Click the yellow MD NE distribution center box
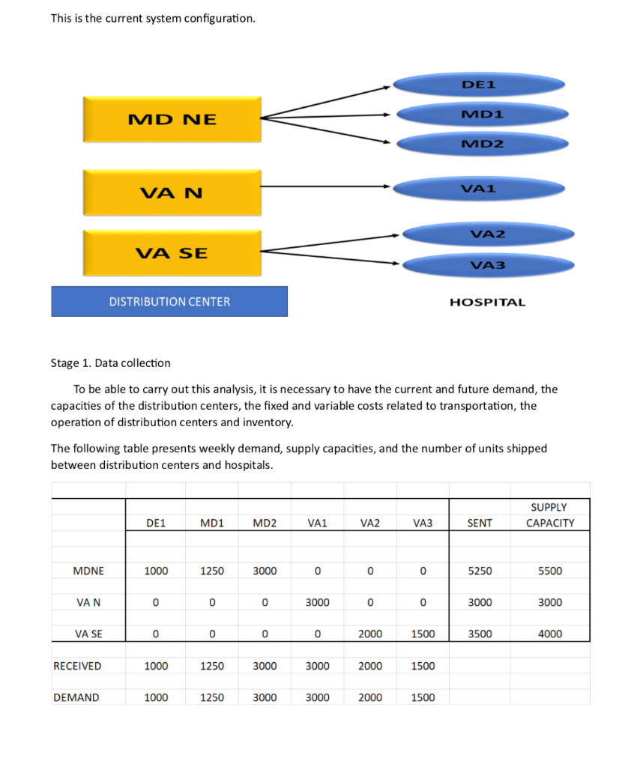point(172,119)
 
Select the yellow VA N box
point(172,193)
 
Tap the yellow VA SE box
point(172,253)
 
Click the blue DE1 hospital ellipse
point(479,85)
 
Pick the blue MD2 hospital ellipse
point(481,144)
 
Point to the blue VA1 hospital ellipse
point(478,188)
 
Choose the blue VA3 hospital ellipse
point(488,265)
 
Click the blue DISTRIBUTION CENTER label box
point(169,302)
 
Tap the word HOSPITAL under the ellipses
point(487,303)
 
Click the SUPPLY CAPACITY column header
point(549,515)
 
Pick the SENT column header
point(480,524)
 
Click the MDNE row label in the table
point(88,571)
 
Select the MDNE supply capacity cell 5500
point(549,571)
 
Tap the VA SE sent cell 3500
point(480,634)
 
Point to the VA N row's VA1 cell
point(317,602)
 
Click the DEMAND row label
point(76,697)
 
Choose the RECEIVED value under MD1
point(212,666)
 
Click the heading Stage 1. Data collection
point(110,363)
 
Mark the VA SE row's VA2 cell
point(370,634)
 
